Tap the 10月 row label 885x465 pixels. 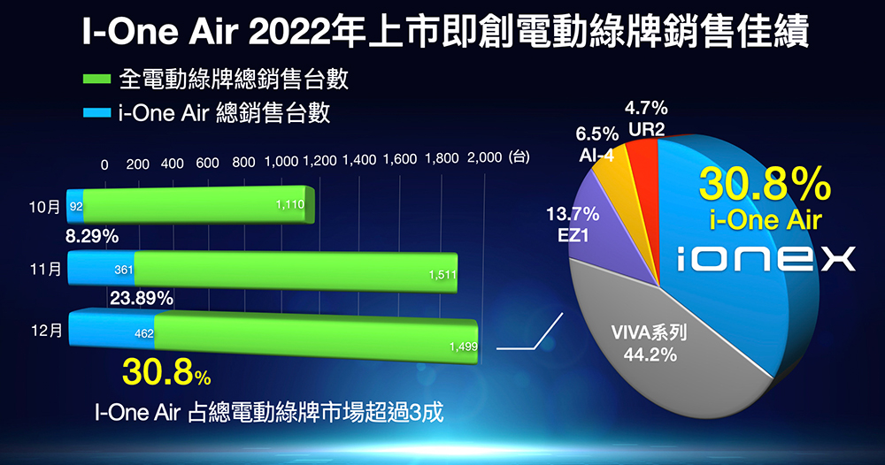pyautogui.click(x=43, y=208)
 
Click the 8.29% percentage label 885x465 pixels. pyautogui.click(x=93, y=236)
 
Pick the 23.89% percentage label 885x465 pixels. pyautogui.click(x=141, y=298)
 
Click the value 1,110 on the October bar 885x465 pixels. pyautogui.click(x=290, y=205)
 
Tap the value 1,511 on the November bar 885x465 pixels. pyautogui.click(x=442, y=275)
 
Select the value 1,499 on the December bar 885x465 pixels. pyautogui.click(x=463, y=347)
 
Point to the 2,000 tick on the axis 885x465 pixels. pyautogui.click(x=483, y=158)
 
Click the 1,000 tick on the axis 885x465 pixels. pyautogui.click(x=281, y=163)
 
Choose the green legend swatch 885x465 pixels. pyautogui.click(x=93, y=80)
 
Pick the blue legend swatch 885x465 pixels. pyautogui.click(x=93, y=113)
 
